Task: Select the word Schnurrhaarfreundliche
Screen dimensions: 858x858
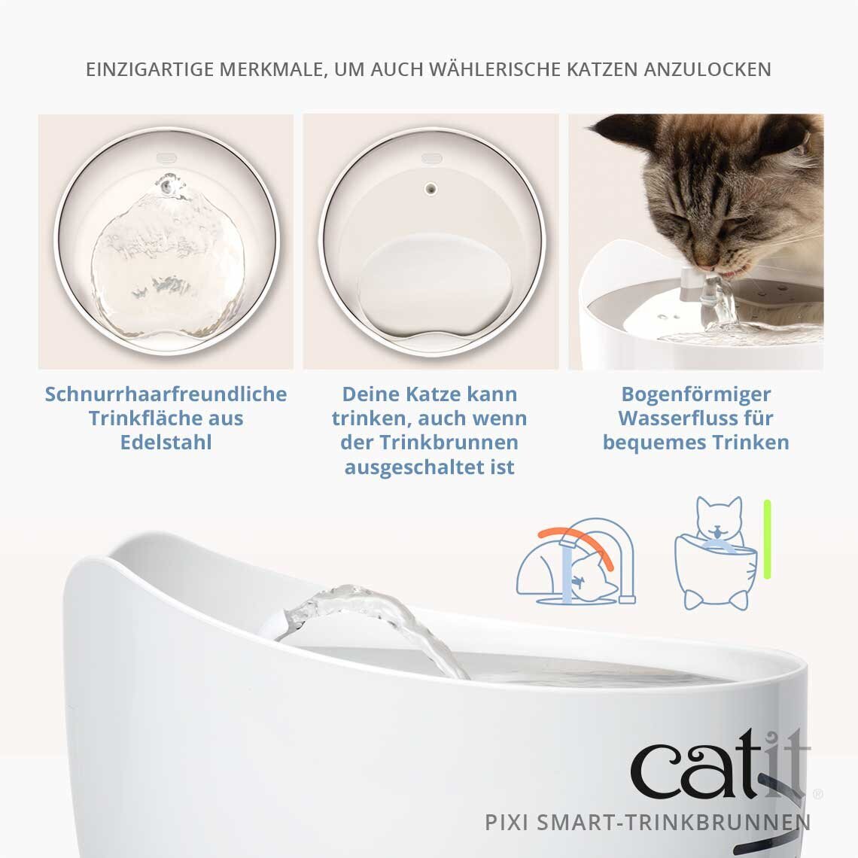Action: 166,394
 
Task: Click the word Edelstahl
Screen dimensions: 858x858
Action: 166,443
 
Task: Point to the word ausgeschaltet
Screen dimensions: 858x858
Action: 418,467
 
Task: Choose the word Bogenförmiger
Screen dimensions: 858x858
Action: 696,394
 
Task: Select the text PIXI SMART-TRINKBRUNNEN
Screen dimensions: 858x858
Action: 648,822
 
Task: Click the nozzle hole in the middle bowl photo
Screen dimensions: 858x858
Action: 431,186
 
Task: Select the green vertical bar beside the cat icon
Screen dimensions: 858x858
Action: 767,539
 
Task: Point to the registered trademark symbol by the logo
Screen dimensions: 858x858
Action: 818,793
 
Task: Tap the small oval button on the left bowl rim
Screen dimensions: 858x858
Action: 166,159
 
